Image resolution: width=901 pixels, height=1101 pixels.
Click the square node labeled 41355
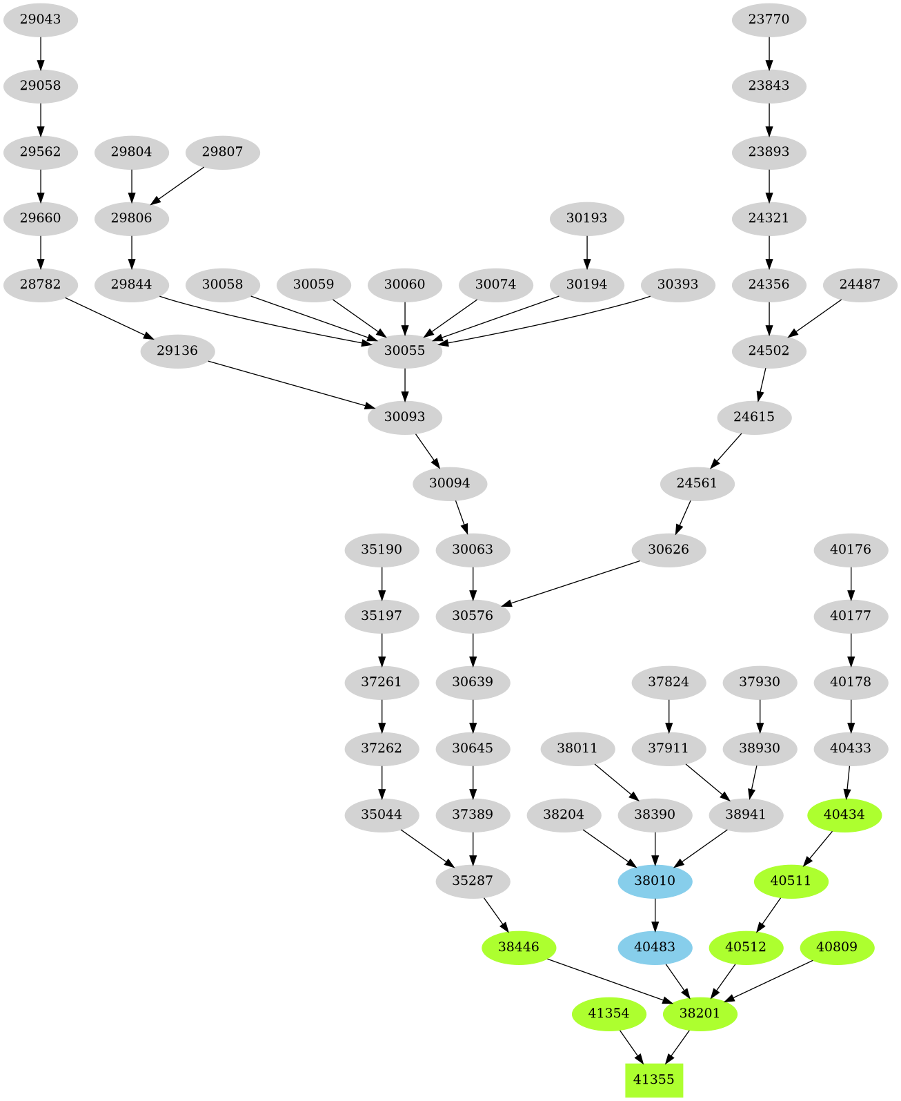(653, 1080)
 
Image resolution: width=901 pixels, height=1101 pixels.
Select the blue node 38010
(655, 881)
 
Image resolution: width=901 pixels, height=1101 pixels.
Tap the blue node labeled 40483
(655, 947)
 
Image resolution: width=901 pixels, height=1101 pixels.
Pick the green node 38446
(518, 947)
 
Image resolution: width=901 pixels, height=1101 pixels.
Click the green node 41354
(608, 1013)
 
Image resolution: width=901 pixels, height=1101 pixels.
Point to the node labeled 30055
(404, 351)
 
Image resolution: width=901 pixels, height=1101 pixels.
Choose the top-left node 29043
(40, 19)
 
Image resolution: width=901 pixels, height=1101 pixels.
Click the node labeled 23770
(769, 19)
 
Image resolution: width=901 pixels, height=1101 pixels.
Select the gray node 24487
(860, 284)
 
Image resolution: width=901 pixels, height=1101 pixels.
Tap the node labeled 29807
(222, 152)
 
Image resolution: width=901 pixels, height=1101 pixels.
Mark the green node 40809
(836, 947)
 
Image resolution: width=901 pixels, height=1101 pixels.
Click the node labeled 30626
(669, 549)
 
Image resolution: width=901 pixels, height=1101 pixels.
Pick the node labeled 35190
(382, 549)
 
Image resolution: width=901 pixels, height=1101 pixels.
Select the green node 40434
(844, 815)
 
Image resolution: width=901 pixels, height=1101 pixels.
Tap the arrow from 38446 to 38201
(607, 980)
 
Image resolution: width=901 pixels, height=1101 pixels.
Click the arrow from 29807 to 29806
(177, 185)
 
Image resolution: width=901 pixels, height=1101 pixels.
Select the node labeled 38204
(564, 815)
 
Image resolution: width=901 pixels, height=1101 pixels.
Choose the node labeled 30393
(677, 284)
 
